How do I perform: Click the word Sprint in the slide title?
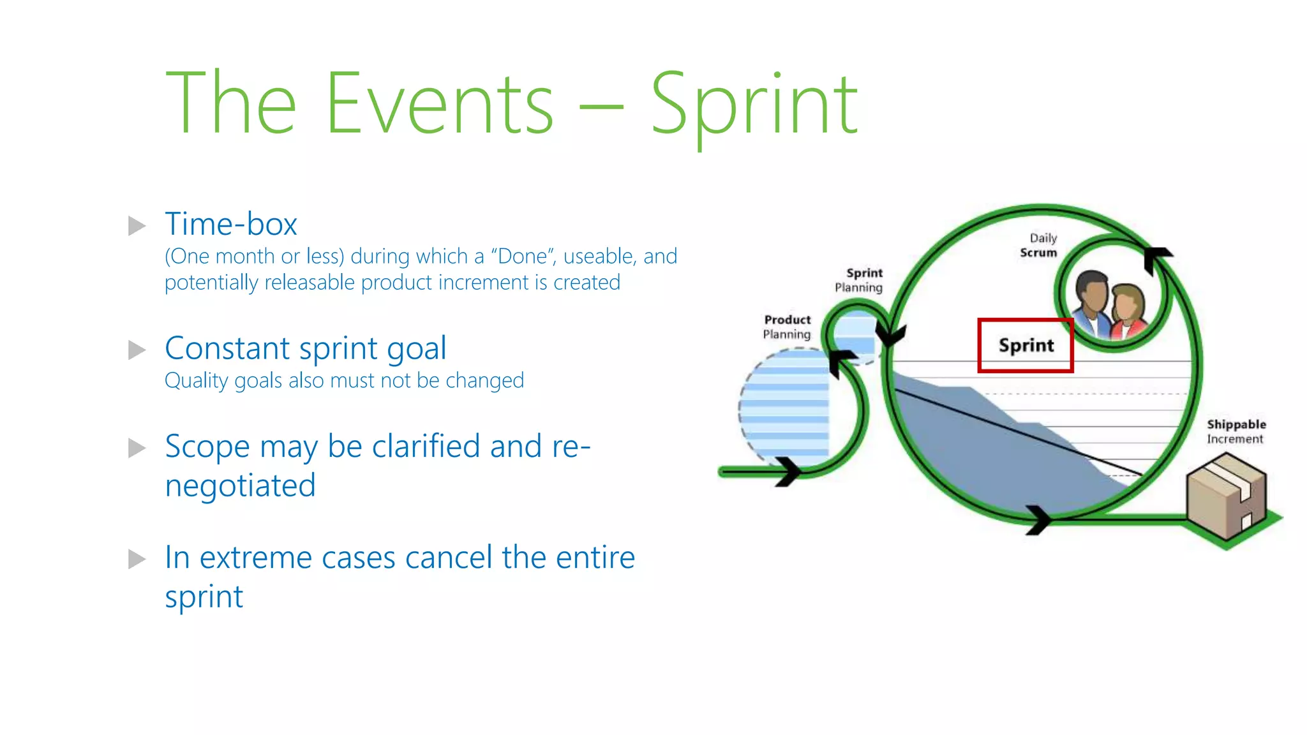[x=754, y=105]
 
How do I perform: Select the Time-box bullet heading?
[x=231, y=224]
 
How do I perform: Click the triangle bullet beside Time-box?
[x=137, y=225]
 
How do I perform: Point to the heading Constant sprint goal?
[x=305, y=348]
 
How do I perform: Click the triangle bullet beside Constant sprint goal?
[x=137, y=350]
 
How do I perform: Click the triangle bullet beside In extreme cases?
[x=137, y=558]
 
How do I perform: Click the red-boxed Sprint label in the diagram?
[x=1026, y=345]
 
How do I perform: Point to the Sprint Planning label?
[x=859, y=280]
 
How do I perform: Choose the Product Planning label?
[x=787, y=327]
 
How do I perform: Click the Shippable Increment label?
[x=1236, y=431]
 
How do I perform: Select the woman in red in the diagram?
[x=1127, y=313]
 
